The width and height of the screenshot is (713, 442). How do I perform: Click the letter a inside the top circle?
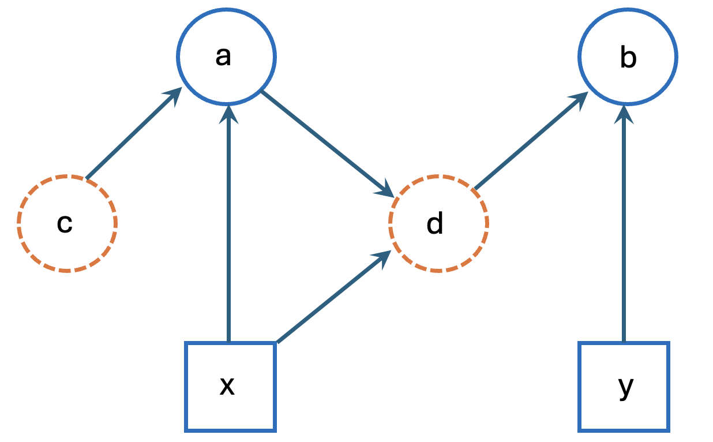tap(223, 57)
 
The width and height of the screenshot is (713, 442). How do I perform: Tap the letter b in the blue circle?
tap(628, 58)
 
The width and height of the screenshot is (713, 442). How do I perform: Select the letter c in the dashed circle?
tap(65, 224)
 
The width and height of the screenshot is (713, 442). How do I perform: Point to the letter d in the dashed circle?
tap(435, 223)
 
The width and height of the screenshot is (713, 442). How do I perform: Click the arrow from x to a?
tap(230, 231)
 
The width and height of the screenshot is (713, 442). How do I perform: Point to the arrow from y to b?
tap(624, 231)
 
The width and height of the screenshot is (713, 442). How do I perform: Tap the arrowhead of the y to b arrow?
tap(624, 114)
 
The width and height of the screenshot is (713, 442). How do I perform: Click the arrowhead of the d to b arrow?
tap(580, 100)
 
